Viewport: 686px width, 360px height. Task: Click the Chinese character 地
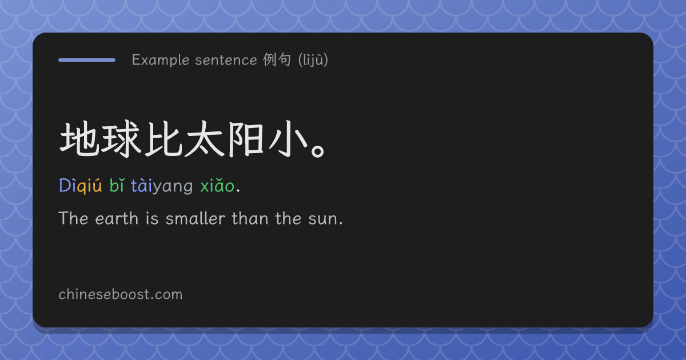[79, 139]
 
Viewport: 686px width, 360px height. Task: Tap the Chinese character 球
[121, 139]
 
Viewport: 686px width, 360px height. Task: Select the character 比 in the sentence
[163, 139]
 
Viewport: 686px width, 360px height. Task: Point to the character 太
[205, 139]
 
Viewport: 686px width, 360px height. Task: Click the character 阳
[246, 139]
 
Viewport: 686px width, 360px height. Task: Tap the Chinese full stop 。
[318, 151]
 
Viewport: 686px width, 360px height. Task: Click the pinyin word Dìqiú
[80, 186]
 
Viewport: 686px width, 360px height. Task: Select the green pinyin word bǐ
[117, 185]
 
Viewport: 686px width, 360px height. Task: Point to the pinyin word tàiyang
[162, 186]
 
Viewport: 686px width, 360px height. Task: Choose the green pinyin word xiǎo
[217, 186]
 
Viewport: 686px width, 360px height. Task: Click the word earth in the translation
[117, 218]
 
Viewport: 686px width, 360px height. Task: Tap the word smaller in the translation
[196, 218]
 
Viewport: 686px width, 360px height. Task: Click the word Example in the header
[161, 60]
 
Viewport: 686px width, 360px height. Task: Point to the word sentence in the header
[226, 60]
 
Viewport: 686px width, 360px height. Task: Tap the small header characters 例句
[277, 59]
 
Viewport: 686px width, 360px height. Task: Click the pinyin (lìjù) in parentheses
[313, 59]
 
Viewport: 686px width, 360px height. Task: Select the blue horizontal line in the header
[87, 60]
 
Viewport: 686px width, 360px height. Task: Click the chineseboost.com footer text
[121, 294]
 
